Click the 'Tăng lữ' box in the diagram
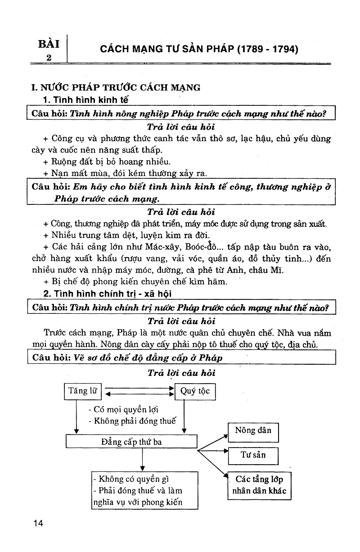(x=82, y=391)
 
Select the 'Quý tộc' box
(x=195, y=391)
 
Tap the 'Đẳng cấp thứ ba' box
(x=131, y=441)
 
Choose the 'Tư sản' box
(x=253, y=456)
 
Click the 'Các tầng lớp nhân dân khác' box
(x=259, y=486)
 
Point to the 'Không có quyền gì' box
(x=145, y=490)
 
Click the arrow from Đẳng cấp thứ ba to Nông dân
(x=213, y=443)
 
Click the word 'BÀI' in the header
(x=49, y=44)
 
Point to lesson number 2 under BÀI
(x=49, y=58)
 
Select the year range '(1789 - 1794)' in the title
(x=268, y=49)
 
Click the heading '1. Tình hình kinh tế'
(x=85, y=100)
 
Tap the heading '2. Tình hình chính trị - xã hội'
(x=108, y=294)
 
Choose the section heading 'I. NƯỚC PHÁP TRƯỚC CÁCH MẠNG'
(x=116, y=87)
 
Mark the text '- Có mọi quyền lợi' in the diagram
(x=123, y=409)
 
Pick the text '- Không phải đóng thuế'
(x=132, y=421)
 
